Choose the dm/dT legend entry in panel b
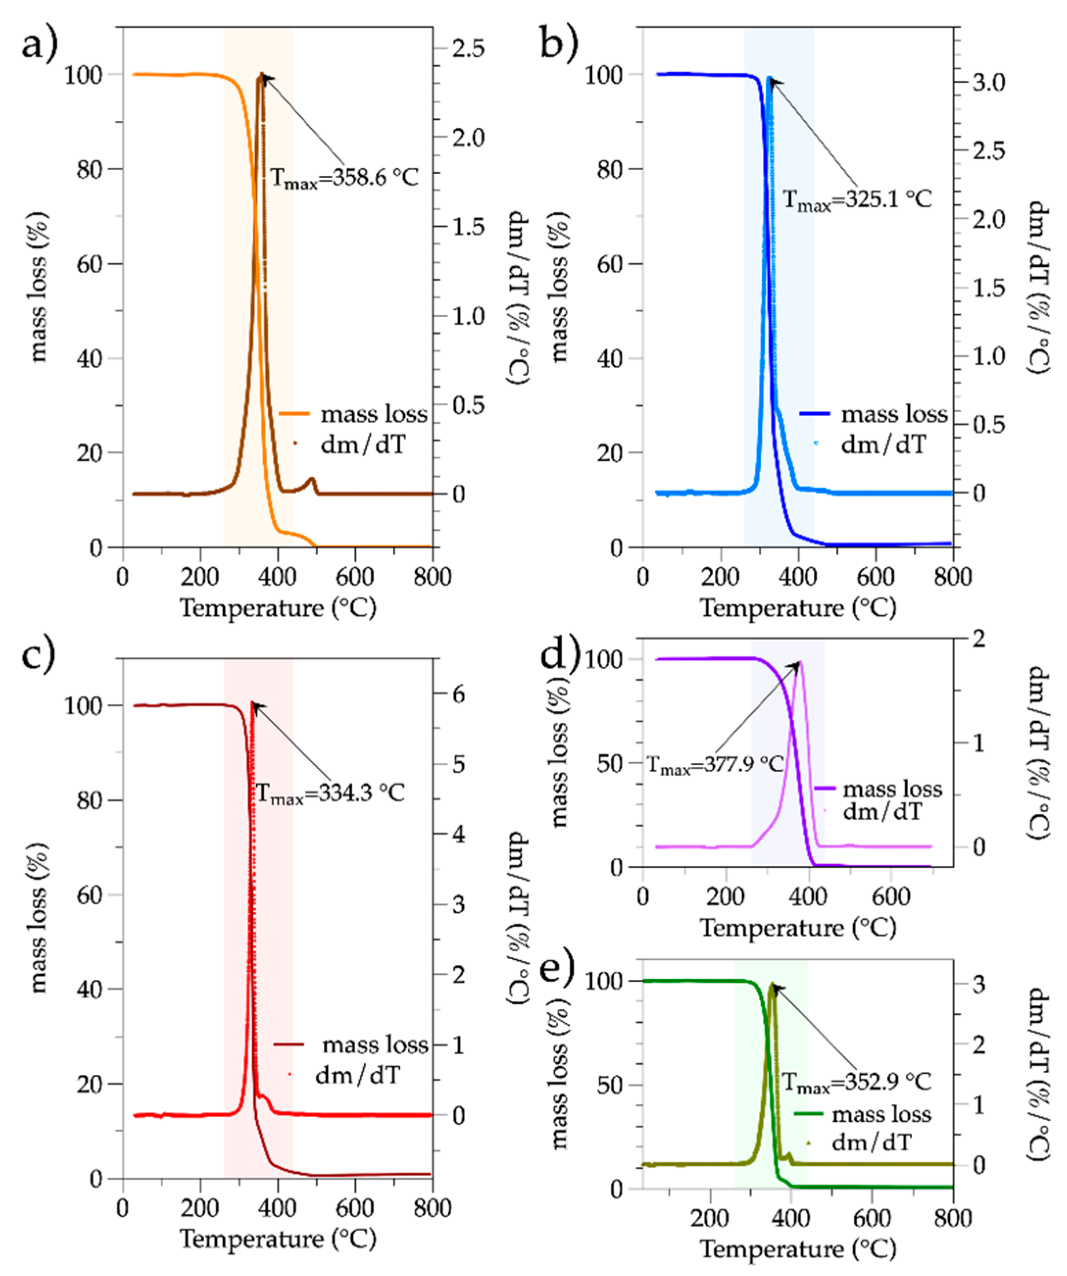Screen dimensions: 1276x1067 (x=883, y=445)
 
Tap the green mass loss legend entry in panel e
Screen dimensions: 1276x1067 (x=881, y=1114)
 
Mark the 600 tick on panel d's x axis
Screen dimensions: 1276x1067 (x=891, y=896)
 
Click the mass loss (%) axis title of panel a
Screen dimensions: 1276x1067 (x=38, y=287)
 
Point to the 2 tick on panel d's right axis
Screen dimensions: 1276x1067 (x=978, y=638)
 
